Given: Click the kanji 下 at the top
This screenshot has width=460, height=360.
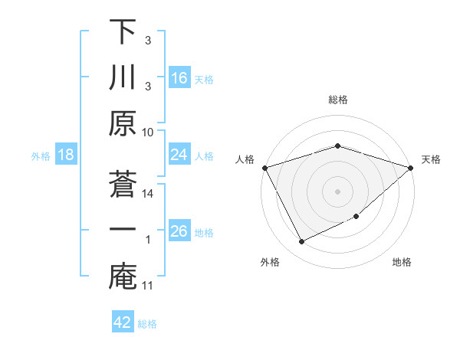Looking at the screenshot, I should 122,33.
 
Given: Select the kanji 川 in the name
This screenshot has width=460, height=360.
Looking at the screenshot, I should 122,79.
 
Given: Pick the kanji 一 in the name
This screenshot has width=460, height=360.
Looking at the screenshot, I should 122,230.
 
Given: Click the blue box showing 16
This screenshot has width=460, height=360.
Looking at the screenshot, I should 179,77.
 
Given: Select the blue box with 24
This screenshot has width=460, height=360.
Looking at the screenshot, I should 179,155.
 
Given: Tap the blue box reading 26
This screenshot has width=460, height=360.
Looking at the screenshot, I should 179,231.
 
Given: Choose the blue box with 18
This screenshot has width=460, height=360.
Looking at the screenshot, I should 66,155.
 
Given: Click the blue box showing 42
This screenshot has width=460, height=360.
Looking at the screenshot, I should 123,322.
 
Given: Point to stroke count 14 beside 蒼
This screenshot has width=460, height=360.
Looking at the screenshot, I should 149,195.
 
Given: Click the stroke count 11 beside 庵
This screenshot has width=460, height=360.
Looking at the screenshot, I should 149,286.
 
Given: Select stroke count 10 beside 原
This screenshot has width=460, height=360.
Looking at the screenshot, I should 149,132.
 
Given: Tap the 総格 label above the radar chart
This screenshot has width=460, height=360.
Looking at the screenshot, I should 337,100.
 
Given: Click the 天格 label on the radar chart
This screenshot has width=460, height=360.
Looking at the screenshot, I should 431,159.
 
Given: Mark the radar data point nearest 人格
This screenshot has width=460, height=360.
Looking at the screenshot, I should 264,167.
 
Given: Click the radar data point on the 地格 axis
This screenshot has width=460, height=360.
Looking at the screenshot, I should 357,218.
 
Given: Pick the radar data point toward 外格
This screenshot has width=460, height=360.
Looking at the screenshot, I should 301,242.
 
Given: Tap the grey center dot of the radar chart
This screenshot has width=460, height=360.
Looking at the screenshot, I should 337,191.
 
